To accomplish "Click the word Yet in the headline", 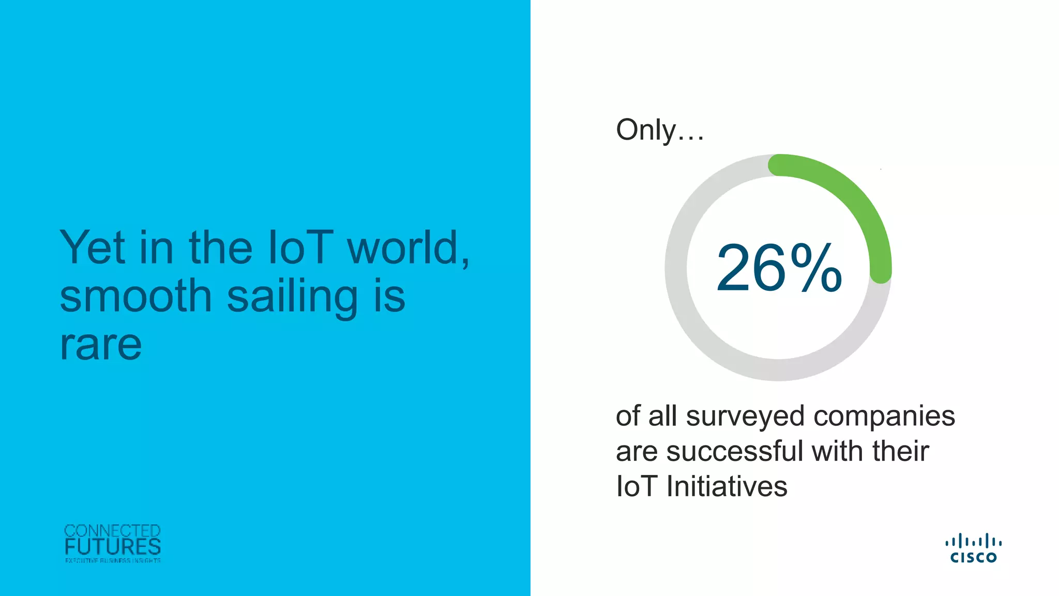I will coord(93,248).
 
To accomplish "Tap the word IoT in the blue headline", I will coord(300,248).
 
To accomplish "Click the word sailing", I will coord(292,297).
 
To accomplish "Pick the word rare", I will coord(101,345).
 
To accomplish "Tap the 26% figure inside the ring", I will coord(779,269).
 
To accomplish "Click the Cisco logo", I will coord(974,548).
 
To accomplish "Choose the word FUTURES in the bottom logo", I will coord(113,547).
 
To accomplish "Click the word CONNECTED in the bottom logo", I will coord(113,531).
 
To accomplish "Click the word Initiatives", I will coord(727,486).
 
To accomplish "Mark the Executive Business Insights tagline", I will coord(113,560).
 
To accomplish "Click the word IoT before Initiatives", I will coord(637,486).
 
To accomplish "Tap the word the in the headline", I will coord(221,248).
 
